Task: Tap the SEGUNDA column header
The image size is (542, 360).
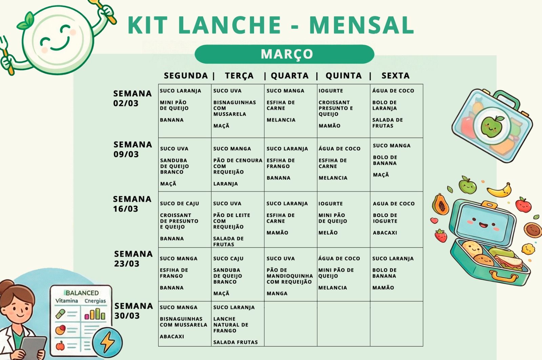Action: pos(186,76)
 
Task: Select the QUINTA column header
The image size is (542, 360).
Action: pos(343,76)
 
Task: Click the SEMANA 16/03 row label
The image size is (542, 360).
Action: pos(132,204)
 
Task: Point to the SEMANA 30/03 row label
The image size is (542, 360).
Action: pos(133,311)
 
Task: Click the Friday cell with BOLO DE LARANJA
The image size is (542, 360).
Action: pos(396,111)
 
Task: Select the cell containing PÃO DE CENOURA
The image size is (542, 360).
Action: pos(237,165)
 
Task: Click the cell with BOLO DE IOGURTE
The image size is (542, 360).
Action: pos(396,219)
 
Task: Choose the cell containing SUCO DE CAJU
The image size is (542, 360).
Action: pos(185,219)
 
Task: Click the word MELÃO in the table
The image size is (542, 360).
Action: pos(328,233)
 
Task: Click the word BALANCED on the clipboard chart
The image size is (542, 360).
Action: pos(82,293)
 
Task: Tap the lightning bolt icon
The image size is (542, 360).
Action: pos(108,341)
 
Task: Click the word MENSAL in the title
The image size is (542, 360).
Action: pos(361,25)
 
